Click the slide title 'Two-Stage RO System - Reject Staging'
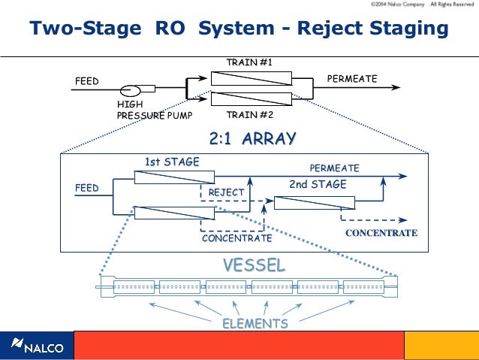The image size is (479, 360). coord(239,29)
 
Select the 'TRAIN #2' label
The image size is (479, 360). coord(249,116)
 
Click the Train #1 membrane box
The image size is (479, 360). coord(251,79)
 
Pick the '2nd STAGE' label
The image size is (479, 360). coord(318,184)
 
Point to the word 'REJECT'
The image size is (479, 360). coord(226,193)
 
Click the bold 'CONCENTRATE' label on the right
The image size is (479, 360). coord(381,233)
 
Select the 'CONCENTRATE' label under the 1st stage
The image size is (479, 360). coord(236,238)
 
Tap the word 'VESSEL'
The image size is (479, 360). coord(254,265)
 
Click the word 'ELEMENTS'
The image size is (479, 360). coord(255,324)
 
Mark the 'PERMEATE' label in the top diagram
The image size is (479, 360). coord(352,79)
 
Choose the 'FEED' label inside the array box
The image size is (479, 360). coord(86,187)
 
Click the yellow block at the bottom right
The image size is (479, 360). coord(441,346)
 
